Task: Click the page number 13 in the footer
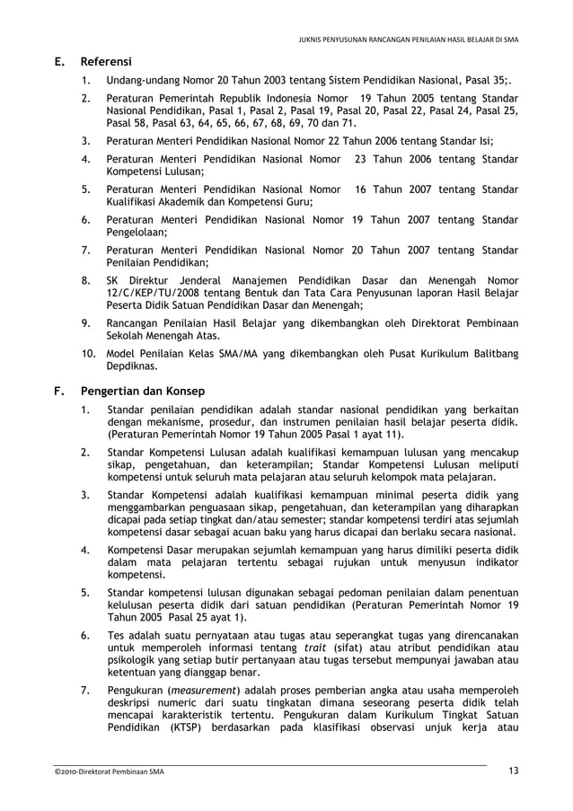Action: pyautogui.click(x=513, y=771)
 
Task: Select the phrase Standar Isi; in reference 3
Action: pyautogui.click(x=465, y=141)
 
